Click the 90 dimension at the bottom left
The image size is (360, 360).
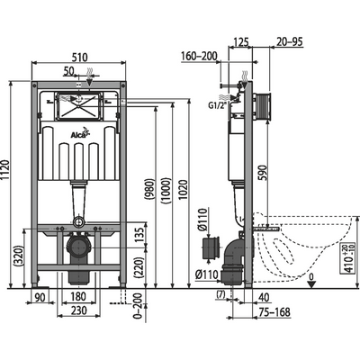click(40, 296)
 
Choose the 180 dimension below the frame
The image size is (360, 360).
click(78, 296)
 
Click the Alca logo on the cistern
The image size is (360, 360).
click(79, 137)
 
